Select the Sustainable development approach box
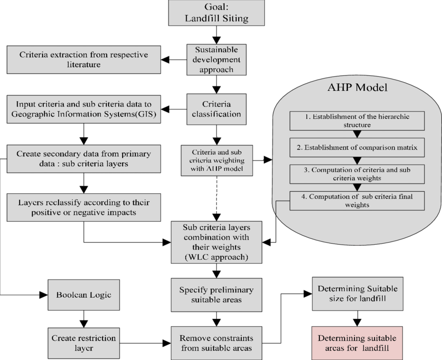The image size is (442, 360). pyautogui.click(x=216, y=60)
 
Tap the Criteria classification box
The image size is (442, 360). pyautogui.click(x=216, y=109)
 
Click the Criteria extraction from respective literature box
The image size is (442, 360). pyautogui.click(x=84, y=60)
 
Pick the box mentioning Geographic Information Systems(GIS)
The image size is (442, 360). pyautogui.click(x=84, y=108)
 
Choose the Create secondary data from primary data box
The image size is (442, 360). pyautogui.click(x=84, y=159)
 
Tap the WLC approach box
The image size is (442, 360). pyautogui.click(x=216, y=242)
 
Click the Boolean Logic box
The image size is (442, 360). pyautogui.click(x=84, y=295)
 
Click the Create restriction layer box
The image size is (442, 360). pyautogui.click(x=84, y=343)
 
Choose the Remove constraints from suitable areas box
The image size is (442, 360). pyautogui.click(x=216, y=343)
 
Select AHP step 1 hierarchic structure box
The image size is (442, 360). pyautogui.click(x=357, y=121)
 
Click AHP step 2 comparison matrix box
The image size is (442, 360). pyautogui.click(x=357, y=148)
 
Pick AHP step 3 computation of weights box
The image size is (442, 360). pyautogui.click(x=357, y=174)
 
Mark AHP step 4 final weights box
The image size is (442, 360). pyautogui.click(x=357, y=201)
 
